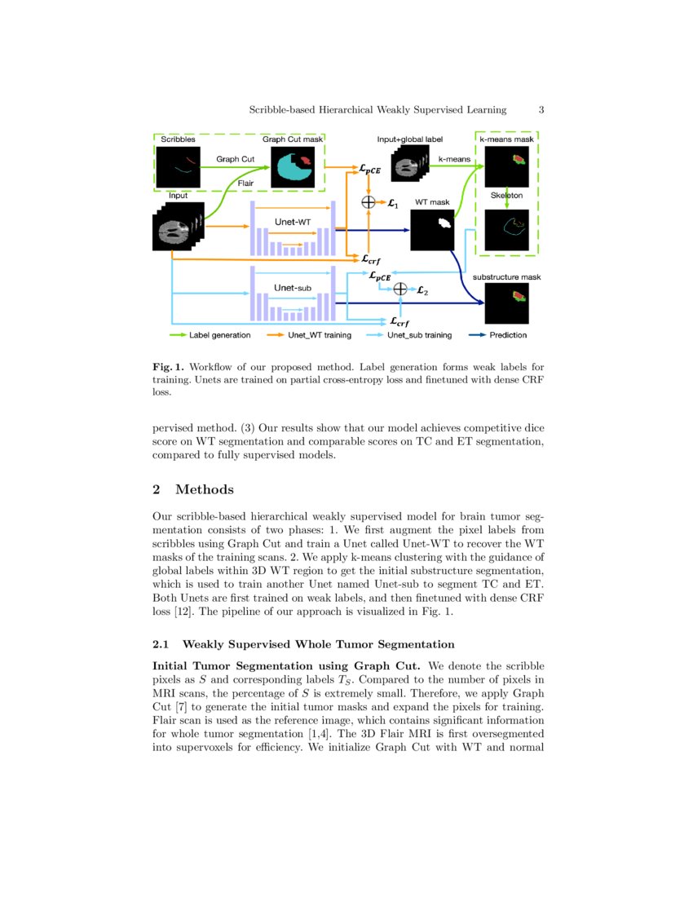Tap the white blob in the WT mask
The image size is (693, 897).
point(444,221)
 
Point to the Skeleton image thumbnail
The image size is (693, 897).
point(507,230)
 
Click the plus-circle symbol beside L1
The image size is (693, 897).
point(369,201)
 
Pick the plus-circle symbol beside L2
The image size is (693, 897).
point(399,289)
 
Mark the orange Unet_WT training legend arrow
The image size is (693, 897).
point(275,335)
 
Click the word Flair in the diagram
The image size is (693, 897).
point(245,183)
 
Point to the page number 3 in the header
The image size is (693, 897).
point(542,109)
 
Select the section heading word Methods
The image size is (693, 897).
point(204,489)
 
